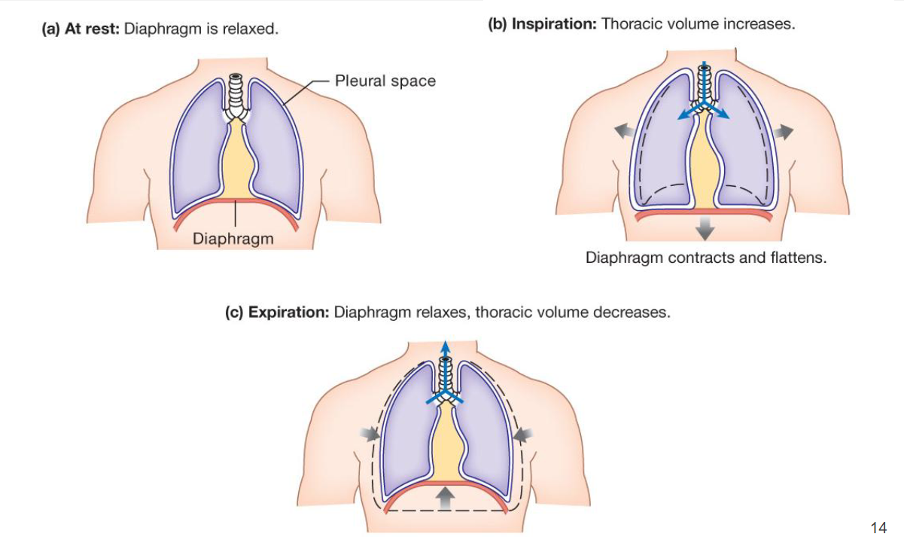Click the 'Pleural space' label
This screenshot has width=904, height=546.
point(385,81)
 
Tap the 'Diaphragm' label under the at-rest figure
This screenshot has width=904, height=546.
point(233,239)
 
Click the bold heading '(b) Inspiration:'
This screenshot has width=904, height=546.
point(542,24)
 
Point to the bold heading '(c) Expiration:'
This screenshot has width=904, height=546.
point(277,312)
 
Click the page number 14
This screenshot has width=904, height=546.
point(878,527)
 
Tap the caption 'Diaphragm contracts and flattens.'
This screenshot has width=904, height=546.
point(705,258)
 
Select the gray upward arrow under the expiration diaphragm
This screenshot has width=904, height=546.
point(446,498)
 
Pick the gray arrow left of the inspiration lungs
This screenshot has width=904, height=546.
point(622,132)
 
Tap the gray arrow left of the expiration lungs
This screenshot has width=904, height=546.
point(370,434)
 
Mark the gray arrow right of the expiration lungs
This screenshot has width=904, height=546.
point(524,434)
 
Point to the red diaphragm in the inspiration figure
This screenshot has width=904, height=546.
point(705,215)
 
